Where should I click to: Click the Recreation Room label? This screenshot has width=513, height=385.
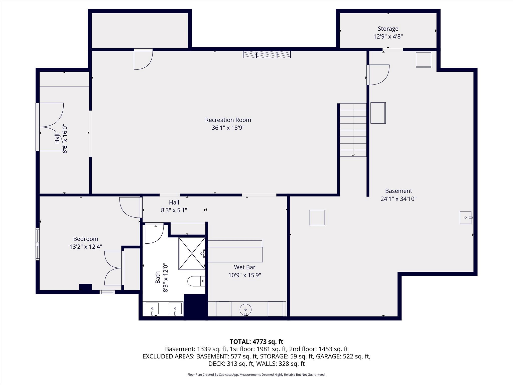228,120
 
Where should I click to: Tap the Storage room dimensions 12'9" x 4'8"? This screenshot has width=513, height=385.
388,37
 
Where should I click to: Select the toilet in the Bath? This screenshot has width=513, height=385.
196,281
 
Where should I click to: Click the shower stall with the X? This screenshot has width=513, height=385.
192,253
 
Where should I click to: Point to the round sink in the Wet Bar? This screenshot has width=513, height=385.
245,309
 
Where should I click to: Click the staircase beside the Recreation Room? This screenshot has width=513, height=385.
353,130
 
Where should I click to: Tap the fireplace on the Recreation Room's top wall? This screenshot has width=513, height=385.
267,54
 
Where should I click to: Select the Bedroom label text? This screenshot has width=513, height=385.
86,239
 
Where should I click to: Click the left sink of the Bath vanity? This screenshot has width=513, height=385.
152,309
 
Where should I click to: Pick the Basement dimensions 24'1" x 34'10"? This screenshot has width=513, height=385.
398,199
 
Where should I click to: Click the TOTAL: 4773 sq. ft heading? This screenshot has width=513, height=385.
256,342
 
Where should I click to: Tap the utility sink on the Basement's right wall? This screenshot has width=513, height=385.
466,217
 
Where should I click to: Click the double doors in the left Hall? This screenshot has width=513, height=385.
51,127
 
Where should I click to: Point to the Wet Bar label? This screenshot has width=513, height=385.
244,267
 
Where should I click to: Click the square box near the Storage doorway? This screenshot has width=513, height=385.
423,60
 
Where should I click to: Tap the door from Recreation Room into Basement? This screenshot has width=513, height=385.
378,74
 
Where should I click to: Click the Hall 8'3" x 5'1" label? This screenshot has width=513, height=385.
174,206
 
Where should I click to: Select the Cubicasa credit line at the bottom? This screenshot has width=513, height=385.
256,375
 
